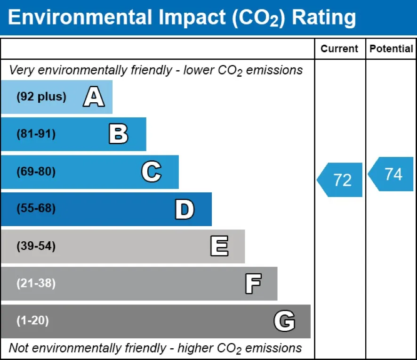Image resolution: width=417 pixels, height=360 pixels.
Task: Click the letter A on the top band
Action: pos(94,97)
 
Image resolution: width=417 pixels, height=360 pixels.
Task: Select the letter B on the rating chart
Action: pos(118,134)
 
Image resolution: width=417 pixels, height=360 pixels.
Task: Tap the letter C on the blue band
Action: pos(151,172)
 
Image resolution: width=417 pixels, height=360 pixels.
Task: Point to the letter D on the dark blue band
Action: pos(184,209)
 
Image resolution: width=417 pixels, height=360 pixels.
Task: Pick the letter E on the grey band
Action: pos(219,246)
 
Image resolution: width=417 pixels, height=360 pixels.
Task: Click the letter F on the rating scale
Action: pos(253,284)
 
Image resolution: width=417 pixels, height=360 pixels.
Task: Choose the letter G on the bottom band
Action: pos(284,321)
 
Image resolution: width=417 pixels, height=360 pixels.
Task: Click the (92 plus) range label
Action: pos(41,97)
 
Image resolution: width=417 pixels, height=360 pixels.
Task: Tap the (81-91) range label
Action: pos(36,134)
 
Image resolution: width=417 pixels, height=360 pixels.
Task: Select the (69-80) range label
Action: pos(36,172)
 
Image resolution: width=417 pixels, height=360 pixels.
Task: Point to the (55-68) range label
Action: pos(36,209)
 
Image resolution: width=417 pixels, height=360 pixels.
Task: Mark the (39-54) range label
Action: pos(36,246)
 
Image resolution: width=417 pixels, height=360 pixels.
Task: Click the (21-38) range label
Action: pos(36,284)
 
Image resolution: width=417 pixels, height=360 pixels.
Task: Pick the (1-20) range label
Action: pos(33,321)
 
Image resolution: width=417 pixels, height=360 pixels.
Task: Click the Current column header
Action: pos(339,49)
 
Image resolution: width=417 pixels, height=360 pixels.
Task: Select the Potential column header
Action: pos(391,49)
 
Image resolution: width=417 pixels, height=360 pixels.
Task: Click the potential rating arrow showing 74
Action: pos(392,174)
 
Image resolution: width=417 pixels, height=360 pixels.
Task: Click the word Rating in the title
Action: pos(324,17)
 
